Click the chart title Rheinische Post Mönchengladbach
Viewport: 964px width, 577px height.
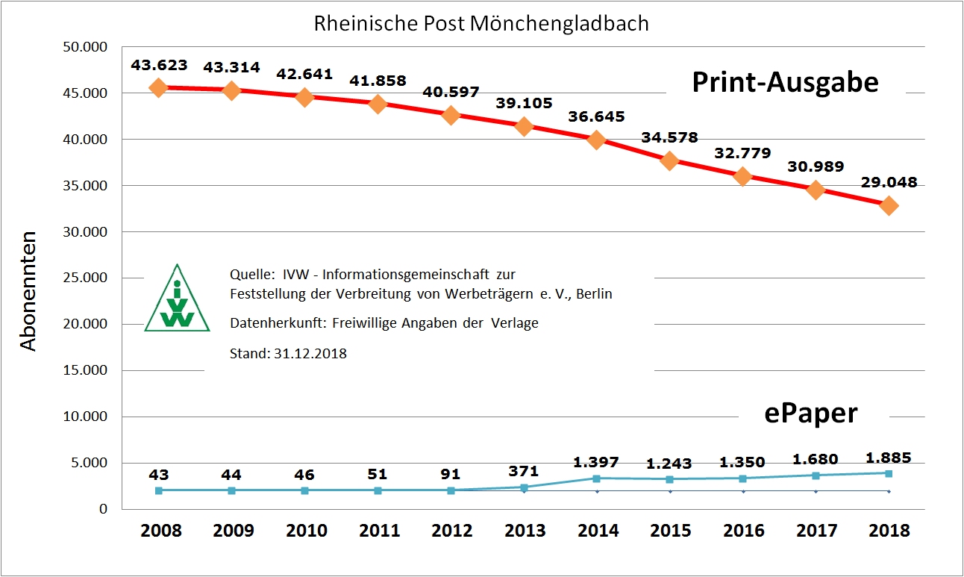pos(481,23)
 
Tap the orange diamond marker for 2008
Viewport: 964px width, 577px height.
pos(158,87)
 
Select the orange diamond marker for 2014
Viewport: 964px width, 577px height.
pos(597,140)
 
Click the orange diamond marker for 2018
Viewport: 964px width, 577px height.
pos(889,205)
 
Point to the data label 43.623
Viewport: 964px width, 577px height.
pos(159,66)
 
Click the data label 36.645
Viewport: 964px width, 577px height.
pos(596,117)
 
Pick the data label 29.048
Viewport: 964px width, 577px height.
pos(889,182)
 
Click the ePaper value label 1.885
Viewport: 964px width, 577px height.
pos(889,458)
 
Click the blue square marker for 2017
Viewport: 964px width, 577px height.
pos(816,475)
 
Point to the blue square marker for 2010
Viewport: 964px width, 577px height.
pos(304,490)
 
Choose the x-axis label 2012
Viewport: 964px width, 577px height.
pos(451,531)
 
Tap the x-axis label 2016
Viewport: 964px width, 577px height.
pos(743,531)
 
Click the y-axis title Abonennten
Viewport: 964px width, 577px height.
pos(28,291)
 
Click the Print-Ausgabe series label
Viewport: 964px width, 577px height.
pos(785,82)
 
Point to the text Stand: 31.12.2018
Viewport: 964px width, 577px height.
pos(288,354)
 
